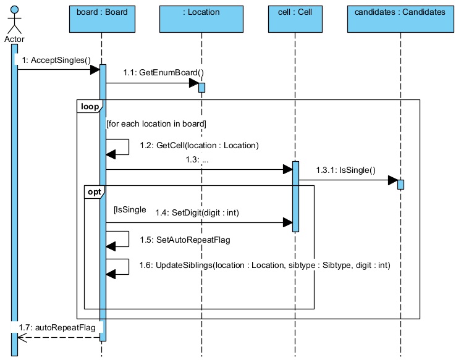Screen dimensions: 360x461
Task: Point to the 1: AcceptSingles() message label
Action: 56,60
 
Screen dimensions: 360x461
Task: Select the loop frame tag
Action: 90,106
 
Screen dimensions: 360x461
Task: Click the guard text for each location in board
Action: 156,124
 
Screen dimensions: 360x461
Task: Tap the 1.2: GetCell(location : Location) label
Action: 198,146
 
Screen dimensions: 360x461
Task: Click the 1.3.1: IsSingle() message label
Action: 346,170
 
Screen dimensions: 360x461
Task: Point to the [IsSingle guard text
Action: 130,210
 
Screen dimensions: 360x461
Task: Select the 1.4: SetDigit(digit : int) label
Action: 197,212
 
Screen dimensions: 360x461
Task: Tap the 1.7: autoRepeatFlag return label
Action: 57,328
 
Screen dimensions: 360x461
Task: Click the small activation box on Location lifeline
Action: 201,87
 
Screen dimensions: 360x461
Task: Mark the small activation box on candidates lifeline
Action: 400,185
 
